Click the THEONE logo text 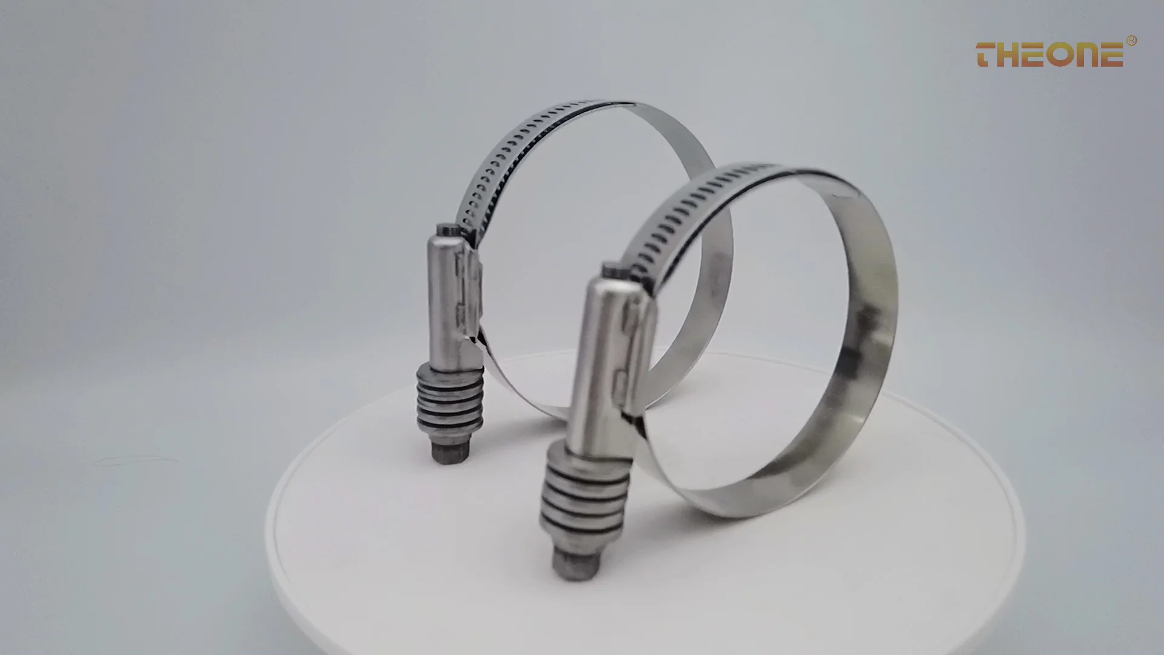coord(1049,55)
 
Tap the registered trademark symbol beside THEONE coord(1131,41)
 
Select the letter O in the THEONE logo coord(1059,55)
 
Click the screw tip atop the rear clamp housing coord(447,231)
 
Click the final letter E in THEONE coord(1110,55)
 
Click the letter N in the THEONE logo coord(1085,55)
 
